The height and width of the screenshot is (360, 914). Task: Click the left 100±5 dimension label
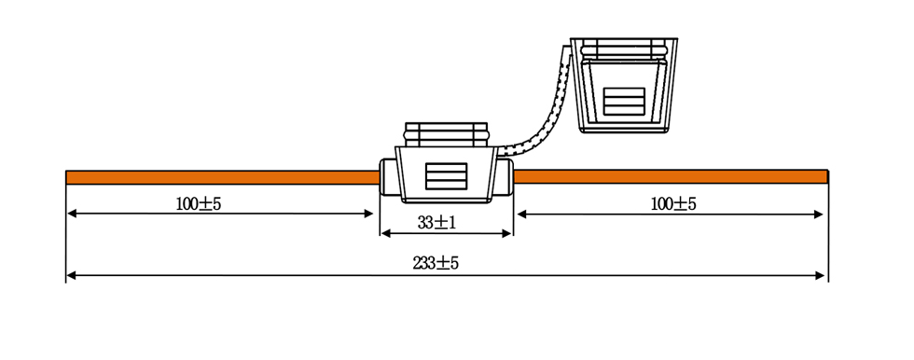tap(198, 204)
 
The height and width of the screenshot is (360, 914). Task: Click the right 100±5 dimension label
tap(673, 204)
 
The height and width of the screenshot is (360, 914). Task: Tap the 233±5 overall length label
tap(436, 263)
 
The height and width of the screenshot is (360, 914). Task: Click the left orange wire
tap(223, 177)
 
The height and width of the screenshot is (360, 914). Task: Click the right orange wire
tap(671, 176)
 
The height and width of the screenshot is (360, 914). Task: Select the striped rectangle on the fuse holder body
tap(446, 176)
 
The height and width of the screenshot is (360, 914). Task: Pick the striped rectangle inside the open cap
tap(624, 102)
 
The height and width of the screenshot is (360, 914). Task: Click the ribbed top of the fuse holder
tap(446, 134)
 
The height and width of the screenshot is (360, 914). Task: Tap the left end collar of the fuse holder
tap(388, 177)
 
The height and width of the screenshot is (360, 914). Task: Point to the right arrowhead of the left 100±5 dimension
tap(367, 214)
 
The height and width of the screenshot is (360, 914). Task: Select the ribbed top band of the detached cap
tap(624, 48)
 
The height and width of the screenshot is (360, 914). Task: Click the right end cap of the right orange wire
tap(827, 176)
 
